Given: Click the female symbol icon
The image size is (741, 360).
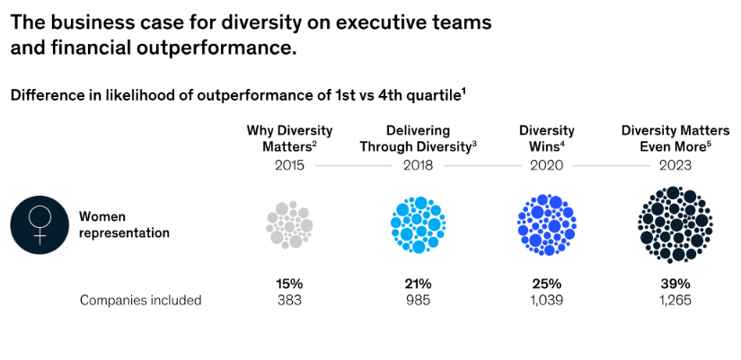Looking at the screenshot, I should coord(40,224).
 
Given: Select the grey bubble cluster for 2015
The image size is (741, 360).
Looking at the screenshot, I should coord(289,224).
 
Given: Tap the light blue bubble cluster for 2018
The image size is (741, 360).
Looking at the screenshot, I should coord(418,224).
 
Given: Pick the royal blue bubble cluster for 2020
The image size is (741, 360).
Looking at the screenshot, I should coord(546,224).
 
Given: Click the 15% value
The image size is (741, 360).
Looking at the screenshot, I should coord(289,284).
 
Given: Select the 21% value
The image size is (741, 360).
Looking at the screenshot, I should coord(418,284).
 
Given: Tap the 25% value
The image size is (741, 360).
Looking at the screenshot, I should coord(546,284).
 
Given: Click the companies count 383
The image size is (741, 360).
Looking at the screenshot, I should coord(289,300).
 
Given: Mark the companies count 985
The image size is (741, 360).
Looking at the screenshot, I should coord(418,300).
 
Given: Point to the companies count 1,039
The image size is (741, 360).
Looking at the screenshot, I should coord(546,300).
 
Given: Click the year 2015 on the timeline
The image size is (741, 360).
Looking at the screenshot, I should coord(289,165).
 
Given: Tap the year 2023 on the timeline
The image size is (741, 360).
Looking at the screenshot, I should coord(675,165).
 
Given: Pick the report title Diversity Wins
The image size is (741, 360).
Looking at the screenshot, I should coord(546,138).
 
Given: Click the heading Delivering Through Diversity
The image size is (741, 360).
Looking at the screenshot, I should coord(418,138).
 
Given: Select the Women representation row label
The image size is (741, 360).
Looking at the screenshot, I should coord(124,224).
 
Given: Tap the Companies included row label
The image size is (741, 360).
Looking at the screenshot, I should coord(140,300).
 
